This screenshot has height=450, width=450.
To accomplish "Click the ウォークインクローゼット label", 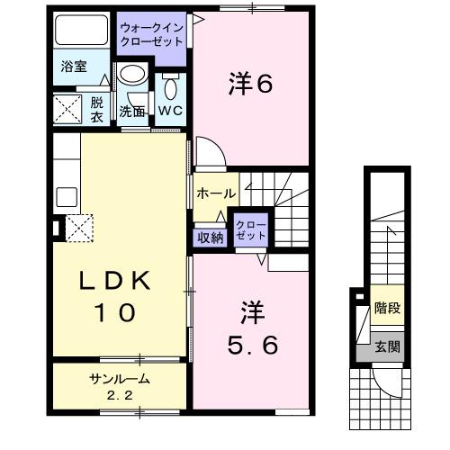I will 152,35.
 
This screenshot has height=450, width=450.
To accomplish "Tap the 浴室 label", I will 74,67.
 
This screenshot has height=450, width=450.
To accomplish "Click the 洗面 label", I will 132,111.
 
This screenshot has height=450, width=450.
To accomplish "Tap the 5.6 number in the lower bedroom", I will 250,344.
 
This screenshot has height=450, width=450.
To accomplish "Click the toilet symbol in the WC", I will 172,86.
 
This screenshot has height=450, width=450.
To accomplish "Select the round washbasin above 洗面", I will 133,75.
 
